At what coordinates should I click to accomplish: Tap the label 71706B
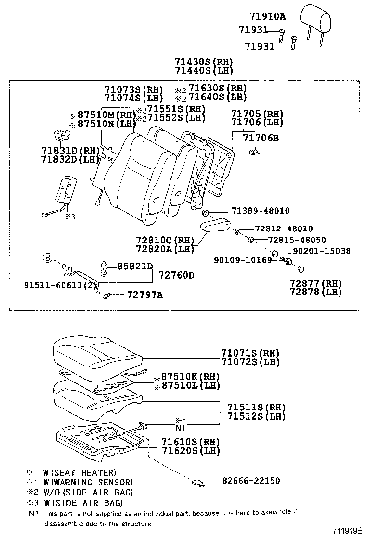coord(261,138)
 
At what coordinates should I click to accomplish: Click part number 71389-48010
coord(260,211)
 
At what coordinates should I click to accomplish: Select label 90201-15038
coord(322,251)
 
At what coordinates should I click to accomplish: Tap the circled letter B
coord(47,258)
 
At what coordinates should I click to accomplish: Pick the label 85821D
coord(135,267)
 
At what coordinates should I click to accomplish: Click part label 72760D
coord(176,276)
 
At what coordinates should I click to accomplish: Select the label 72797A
coord(144,295)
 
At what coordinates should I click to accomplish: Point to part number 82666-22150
coord(251,481)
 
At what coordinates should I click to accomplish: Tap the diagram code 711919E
coord(347,530)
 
